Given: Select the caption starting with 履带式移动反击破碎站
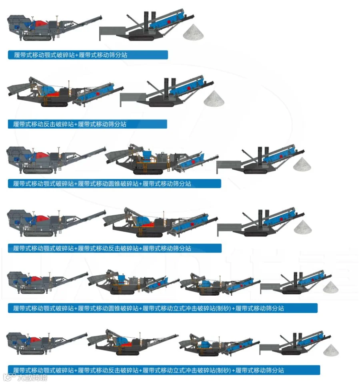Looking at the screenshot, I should pos(87,124).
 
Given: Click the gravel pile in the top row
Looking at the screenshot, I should pos(194,32).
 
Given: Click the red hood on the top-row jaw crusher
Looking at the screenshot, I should pos(40,24).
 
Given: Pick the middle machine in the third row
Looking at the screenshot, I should pos(160,160).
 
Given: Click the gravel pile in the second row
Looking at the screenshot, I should pos(214,98).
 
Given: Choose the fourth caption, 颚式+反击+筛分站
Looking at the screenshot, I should pos(114,248).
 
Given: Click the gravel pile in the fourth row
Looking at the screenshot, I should pos(303,227).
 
